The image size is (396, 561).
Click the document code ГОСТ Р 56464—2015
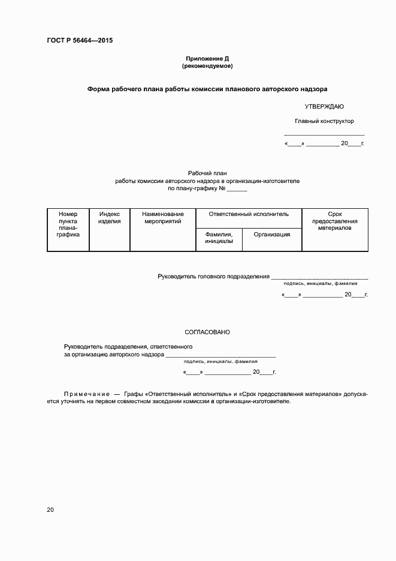point(80,41)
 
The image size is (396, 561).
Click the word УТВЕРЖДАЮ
point(324,106)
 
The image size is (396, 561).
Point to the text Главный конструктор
point(324,121)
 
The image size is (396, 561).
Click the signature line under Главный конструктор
point(324,134)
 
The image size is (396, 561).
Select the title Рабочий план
point(207,173)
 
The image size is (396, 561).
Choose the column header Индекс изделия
point(110,217)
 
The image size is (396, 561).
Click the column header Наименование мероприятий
point(163,217)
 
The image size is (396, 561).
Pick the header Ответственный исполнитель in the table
point(249,214)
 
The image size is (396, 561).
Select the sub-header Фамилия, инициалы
point(219,238)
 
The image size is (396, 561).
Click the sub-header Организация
point(271,235)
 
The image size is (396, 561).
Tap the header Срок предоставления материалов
point(335,221)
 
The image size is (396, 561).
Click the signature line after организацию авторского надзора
point(221,356)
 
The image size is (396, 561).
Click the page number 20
point(50,510)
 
